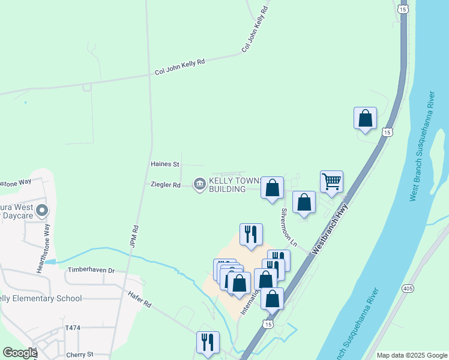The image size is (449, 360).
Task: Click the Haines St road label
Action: coord(164,164)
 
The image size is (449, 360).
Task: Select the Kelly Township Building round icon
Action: coord(199,184)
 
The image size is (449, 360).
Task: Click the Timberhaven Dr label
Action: coord(91,271)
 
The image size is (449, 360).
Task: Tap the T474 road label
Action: coord(73,328)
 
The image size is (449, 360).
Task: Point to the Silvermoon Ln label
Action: coord(289,227)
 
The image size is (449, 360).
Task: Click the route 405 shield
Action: coord(408,289)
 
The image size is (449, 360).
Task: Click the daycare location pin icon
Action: coord(41,211)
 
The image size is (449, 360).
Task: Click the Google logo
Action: coord(19,353)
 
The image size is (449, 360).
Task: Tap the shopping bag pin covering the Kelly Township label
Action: coord(273,188)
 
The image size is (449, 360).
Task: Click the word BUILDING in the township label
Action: coord(227,189)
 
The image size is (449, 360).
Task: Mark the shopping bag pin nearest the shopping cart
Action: coord(304,202)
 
